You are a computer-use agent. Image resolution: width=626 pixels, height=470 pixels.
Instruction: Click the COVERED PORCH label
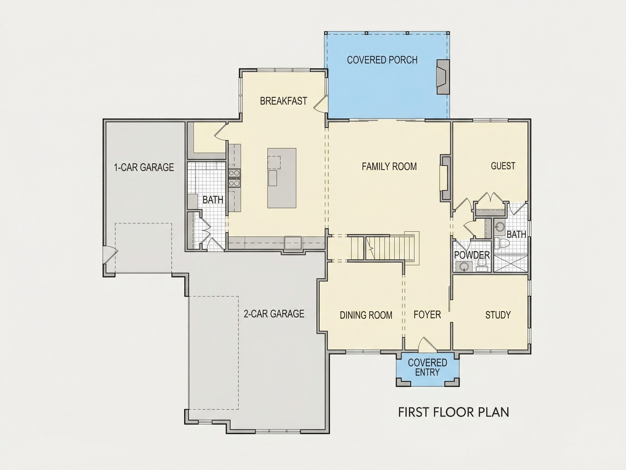(382, 60)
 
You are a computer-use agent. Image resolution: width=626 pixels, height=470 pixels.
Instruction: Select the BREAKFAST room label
(283, 101)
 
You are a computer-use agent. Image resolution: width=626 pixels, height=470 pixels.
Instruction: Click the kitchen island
(282, 178)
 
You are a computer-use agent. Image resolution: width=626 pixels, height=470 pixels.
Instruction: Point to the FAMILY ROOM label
(389, 166)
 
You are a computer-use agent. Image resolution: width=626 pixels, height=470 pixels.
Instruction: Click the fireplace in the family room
(445, 178)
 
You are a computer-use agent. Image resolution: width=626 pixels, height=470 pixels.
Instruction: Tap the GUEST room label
(503, 166)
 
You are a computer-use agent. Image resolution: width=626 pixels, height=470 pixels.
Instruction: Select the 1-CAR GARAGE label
(144, 168)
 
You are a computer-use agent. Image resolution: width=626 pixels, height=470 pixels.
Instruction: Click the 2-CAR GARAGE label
(274, 314)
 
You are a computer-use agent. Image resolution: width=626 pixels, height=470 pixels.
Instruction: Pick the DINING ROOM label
(366, 315)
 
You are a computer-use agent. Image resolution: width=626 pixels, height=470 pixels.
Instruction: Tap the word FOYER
(427, 314)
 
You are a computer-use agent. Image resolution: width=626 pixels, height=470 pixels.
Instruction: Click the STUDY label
(498, 315)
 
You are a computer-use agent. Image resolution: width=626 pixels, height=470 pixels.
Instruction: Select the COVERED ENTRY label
(427, 367)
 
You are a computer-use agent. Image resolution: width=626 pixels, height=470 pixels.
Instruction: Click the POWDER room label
(472, 255)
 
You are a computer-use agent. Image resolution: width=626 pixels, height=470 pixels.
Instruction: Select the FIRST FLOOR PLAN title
(454, 412)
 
